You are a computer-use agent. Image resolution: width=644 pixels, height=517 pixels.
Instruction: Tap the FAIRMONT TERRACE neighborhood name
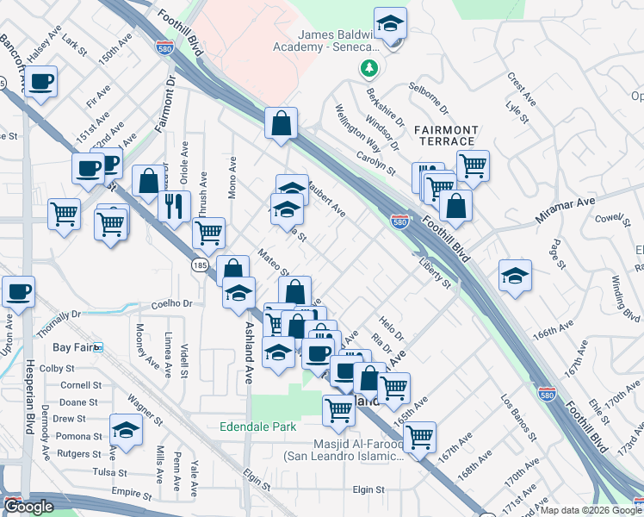click(444, 134)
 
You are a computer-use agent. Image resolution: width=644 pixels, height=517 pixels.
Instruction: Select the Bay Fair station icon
click(99, 347)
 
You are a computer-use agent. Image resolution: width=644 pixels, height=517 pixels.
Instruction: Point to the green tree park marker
click(369, 67)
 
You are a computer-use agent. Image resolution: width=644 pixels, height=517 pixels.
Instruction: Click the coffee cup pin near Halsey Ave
click(40, 82)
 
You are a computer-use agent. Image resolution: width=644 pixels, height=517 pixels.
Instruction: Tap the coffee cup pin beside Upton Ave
click(18, 291)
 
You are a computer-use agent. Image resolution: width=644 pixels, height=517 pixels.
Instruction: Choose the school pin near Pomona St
click(126, 429)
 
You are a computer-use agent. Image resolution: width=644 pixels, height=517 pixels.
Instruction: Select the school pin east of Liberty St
click(515, 275)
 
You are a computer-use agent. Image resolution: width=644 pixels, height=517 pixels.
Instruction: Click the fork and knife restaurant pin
click(174, 205)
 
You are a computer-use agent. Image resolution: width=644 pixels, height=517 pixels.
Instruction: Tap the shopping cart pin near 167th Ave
click(419, 437)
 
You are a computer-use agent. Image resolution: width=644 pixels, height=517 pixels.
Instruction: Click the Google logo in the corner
click(28, 507)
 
